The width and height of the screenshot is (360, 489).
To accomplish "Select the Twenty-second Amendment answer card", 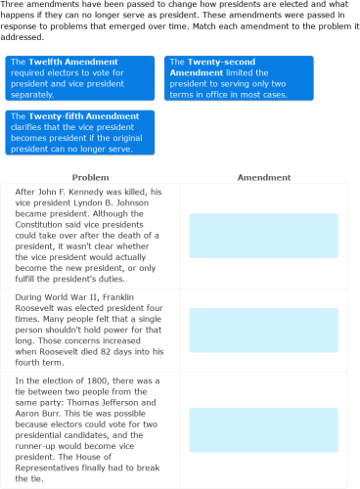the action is [239, 78].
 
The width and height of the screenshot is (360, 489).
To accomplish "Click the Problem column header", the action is [90, 178].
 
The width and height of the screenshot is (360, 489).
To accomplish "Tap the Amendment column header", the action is [263, 178].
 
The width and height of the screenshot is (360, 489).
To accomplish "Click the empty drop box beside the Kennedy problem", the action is [263, 236].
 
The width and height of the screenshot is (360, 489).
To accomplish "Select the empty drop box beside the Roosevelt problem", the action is [263, 330].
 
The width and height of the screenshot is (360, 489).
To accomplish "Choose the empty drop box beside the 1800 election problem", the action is [263, 429].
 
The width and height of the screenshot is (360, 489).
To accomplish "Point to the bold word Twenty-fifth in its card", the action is [56, 115].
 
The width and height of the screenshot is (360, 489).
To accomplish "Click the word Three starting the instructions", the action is [12, 6].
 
